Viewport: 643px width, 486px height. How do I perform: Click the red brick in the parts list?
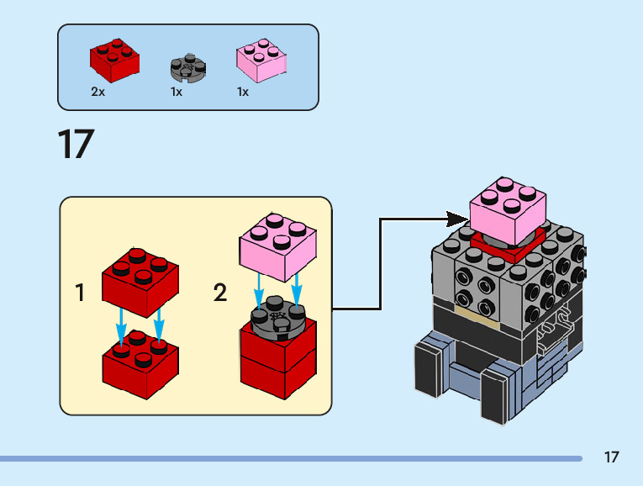(114, 61)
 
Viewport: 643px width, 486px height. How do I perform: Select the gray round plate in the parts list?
(188, 67)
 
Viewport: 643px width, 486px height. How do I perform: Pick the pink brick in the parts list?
(261, 61)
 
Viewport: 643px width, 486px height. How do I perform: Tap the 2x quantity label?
(98, 92)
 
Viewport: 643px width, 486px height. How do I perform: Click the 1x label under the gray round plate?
(177, 92)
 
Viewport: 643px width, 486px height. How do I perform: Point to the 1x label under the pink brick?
(243, 92)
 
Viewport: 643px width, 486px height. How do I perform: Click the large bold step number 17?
(76, 144)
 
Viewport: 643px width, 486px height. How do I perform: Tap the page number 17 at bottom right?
(611, 457)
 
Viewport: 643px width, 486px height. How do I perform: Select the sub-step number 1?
(80, 293)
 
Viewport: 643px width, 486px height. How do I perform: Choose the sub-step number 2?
(220, 293)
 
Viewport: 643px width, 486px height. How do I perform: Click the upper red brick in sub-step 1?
(140, 283)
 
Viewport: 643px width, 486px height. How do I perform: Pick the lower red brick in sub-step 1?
(140, 365)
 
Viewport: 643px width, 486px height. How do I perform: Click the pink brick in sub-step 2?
(278, 247)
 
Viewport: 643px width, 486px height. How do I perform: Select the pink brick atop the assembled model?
(508, 211)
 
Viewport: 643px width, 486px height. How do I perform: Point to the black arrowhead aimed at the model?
(457, 219)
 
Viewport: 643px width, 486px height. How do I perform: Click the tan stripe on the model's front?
(477, 319)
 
